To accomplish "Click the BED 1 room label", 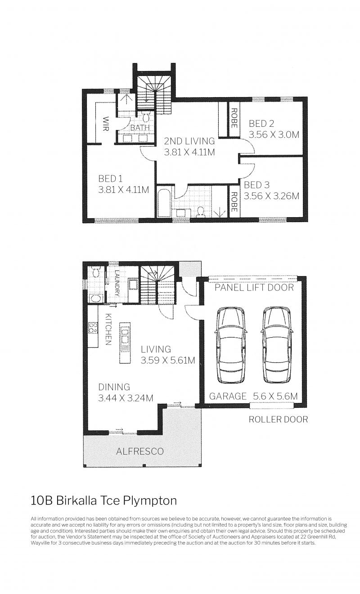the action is pyautogui.click(x=110, y=179).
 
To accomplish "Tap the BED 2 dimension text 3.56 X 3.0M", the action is pyautogui.click(x=274, y=134).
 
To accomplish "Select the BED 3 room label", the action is pyautogui.click(x=256, y=185).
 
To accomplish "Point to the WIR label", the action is pyautogui.click(x=106, y=124).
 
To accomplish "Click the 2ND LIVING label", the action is pyautogui.click(x=189, y=141).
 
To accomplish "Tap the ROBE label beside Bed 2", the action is pyautogui.click(x=234, y=118).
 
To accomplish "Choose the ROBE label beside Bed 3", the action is pyautogui.click(x=234, y=202).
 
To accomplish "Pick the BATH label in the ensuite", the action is pyautogui.click(x=140, y=128).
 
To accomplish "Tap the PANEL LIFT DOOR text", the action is pyautogui.click(x=254, y=287).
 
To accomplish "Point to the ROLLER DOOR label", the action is pyautogui.click(x=278, y=419).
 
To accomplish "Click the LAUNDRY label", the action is pyautogui.click(x=117, y=283).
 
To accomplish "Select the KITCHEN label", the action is pyautogui.click(x=108, y=329).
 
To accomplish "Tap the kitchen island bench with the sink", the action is pyautogui.click(x=125, y=343).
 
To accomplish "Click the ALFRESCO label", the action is pyautogui.click(x=140, y=451).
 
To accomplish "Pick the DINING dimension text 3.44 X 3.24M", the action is pyautogui.click(x=126, y=398).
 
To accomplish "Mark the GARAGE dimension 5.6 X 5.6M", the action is pyautogui.click(x=275, y=396).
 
